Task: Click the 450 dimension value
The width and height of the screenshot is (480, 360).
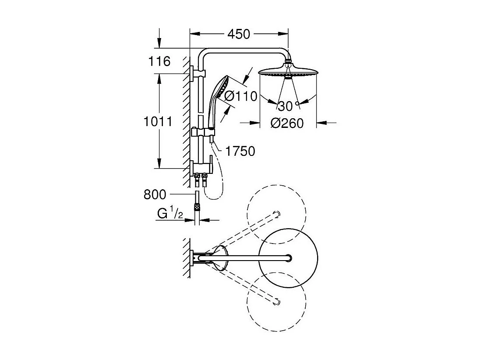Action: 239,34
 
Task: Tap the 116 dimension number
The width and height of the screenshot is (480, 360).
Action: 159,61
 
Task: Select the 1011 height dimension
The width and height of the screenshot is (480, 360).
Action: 158,121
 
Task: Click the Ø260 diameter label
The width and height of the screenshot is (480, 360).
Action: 287,124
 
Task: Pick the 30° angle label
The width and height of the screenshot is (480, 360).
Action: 287,106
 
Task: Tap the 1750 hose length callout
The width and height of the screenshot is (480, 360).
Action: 240,151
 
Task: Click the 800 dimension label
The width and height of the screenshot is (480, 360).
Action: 155,194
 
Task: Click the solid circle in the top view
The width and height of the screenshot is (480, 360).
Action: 288,257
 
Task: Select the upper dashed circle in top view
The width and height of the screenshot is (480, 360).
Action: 276,214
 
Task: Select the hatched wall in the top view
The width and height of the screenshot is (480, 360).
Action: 187,258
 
